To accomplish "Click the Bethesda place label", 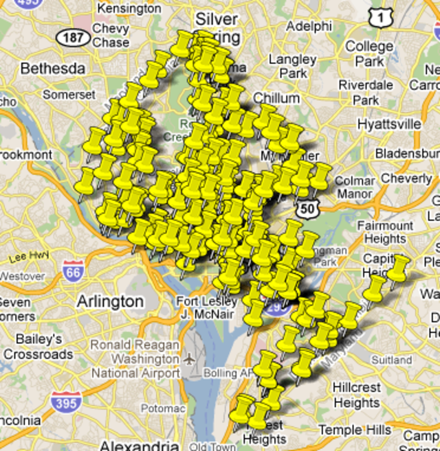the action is (52, 69).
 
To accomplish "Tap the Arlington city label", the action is (110, 301).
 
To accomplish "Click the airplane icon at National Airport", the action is (189, 359).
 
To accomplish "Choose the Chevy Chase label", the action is (110, 36).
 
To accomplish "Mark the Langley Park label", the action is (292, 66).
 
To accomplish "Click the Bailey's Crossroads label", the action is (38, 347).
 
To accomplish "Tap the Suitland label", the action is (391, 360).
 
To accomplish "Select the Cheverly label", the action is (406, 178).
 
